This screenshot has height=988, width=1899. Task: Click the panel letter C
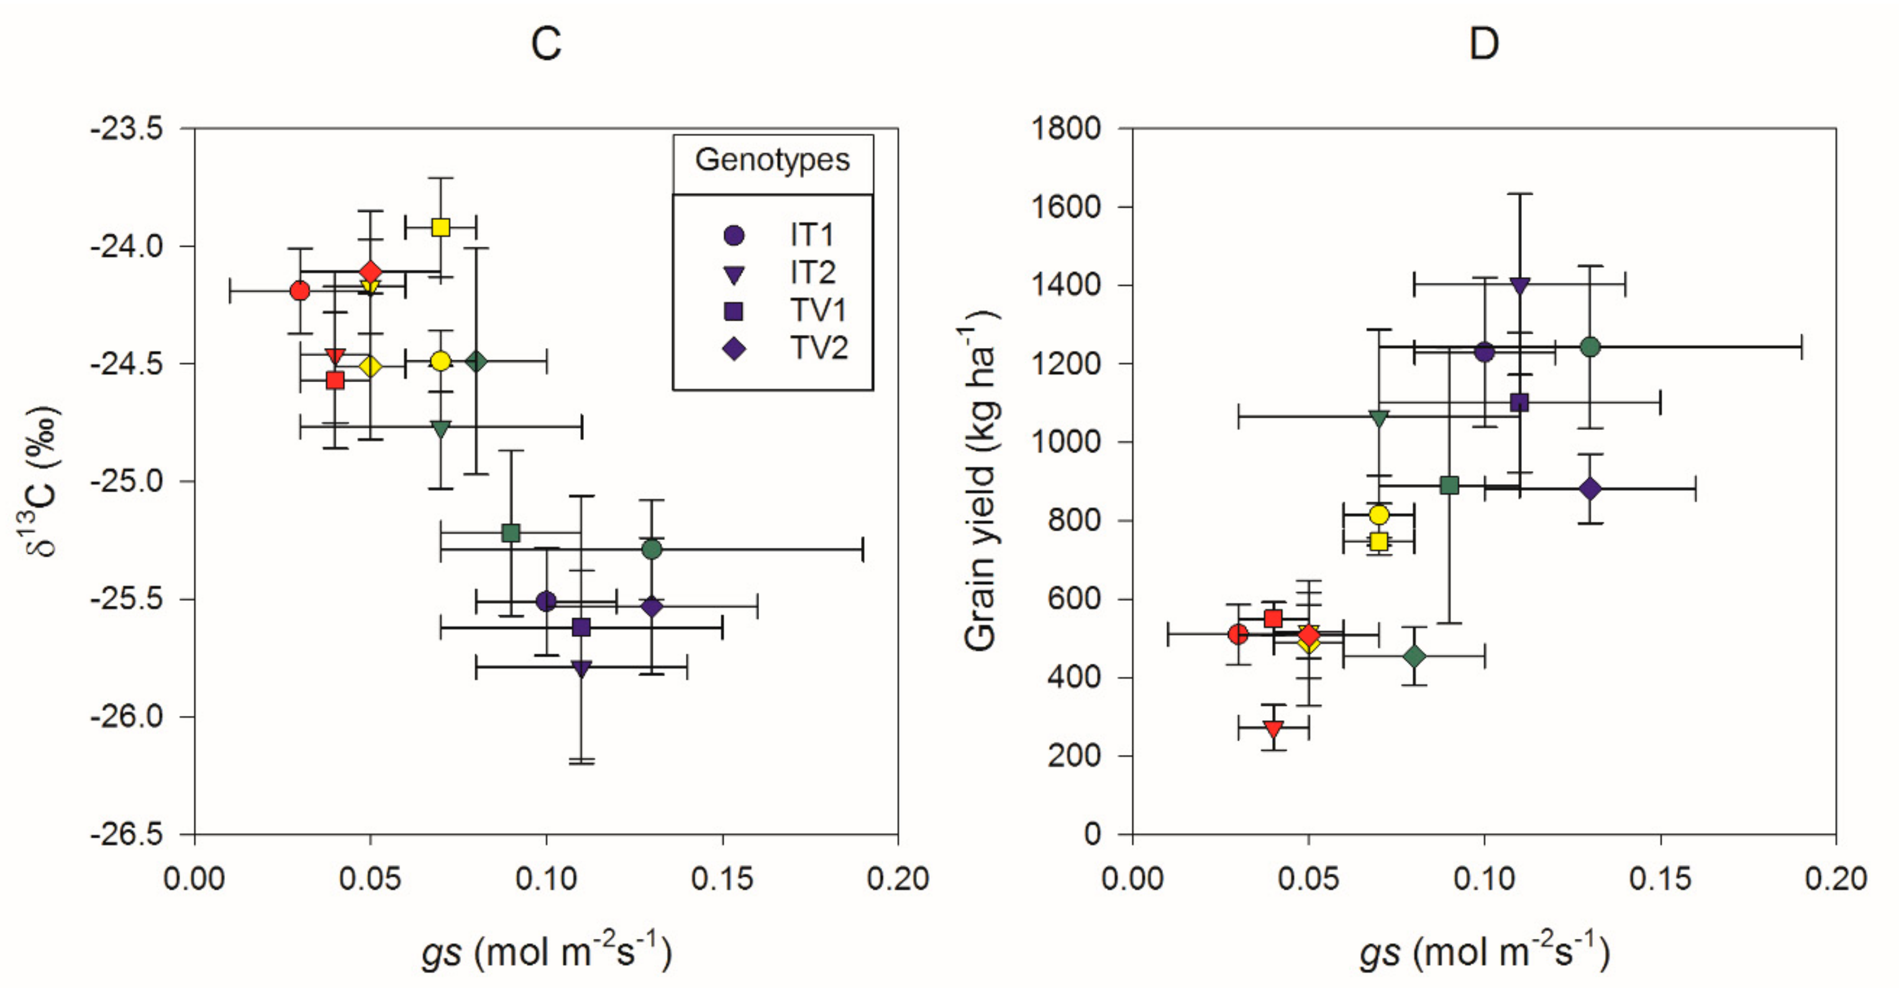coord(546,44)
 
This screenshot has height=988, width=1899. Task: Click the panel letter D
coord(1483,44)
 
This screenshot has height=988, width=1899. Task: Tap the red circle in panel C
coord(300,291)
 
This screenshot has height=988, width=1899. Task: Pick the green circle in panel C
coord(652,549)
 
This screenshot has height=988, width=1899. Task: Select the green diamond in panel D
coord(1414,656)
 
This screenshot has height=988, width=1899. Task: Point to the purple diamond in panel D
coord(1590,488)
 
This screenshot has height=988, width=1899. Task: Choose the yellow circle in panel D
coord(1378,514)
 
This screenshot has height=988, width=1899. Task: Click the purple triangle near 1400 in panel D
coord(1519,285)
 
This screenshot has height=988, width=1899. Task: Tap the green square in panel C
coord(511,533)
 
